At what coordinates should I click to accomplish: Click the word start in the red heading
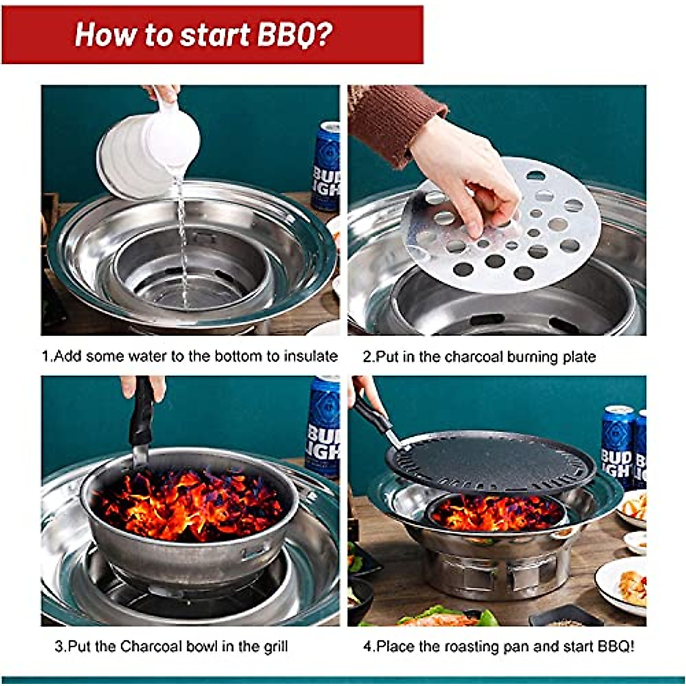[x=215, y=34]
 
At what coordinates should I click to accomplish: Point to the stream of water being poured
[x=182, y=240]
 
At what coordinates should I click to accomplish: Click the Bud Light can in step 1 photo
[x=326, y=166]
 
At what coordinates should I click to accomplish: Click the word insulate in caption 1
[x=309, y=357]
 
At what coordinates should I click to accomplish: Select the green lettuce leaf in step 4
[x=486, y=617]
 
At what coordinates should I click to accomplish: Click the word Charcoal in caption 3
[x=151, y=647]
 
